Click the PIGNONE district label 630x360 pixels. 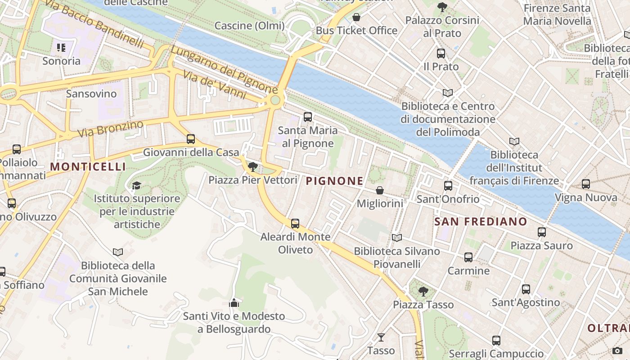click(334, 181)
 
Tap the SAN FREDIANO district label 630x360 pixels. click(481, 221)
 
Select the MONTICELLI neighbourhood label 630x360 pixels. click(88, 166)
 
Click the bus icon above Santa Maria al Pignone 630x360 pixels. click(308, 117)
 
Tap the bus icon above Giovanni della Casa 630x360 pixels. click(191, 139)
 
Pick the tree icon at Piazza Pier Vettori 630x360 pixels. click(253, 167)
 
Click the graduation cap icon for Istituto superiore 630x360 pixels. click(136, 185)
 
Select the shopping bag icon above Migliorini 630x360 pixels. click(380, 190)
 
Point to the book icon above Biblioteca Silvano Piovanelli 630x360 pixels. click(396, 238)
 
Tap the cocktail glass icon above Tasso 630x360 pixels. click(381, 337)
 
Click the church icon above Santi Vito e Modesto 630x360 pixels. click(234, 303)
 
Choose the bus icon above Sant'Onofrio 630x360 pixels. click(448, 185)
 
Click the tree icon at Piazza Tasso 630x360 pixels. click(423, 291)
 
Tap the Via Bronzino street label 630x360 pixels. click(110, 129)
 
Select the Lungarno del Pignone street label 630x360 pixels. click(224, 70)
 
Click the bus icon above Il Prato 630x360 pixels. click(441, 54)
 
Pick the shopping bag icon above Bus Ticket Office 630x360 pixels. click(356, 18)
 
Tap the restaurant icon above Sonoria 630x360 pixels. click(61, 47)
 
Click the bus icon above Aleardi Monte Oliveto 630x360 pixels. click(295, 223)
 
